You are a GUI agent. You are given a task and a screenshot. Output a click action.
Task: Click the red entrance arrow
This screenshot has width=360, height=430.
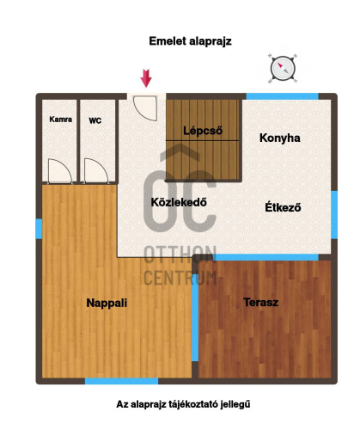click(146, 78)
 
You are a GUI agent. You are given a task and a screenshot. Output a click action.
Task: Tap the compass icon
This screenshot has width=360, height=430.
click(283, 68)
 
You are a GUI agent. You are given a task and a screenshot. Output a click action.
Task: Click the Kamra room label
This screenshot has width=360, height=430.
click(61, 120)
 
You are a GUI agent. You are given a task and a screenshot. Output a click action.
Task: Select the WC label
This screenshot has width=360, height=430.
click(95, 120)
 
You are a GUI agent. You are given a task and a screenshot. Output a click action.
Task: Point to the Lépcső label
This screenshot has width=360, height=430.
click(203, 131)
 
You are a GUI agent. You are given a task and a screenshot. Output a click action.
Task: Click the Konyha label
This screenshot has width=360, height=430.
click(280, 138)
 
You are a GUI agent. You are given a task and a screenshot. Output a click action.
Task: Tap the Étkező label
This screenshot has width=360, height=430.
click(283, 207)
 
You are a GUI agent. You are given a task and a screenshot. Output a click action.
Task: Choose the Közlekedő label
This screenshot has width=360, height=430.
click(179, 202)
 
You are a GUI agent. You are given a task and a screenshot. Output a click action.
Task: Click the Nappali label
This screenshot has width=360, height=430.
click(107, 303)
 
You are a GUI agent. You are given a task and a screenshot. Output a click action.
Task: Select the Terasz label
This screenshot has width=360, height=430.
click(260, 302)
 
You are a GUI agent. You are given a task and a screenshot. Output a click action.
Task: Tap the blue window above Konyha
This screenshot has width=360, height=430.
click(283, 96)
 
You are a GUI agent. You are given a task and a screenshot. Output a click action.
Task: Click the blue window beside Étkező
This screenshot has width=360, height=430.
click(334, 215)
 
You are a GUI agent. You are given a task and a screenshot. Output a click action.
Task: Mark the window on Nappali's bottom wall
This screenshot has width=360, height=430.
click(121, 381)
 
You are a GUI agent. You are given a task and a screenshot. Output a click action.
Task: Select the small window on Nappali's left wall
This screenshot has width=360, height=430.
click(39, 229)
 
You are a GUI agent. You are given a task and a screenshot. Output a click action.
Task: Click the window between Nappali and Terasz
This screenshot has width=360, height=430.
click(195, 317)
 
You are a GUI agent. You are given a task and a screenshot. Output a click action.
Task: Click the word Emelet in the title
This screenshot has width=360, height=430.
click(168, 41)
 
